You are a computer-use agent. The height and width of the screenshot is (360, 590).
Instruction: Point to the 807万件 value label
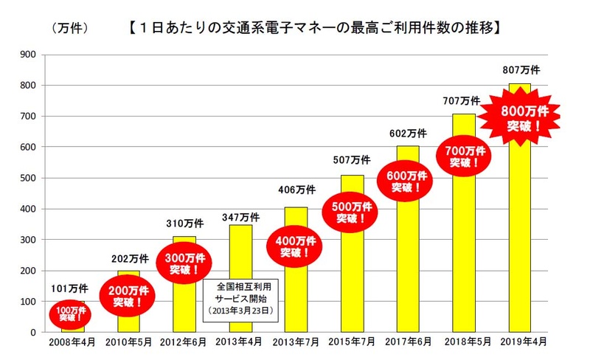pyautogui.click(x=521, y=71)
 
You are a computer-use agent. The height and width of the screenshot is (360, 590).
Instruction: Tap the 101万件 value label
pyautogui.click(x=71, y=288)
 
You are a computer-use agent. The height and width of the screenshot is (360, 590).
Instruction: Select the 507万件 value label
pyautogui.click(x=352, y=160)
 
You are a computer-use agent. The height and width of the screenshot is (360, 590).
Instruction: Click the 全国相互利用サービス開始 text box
pyautogui.click(x=241, y=298)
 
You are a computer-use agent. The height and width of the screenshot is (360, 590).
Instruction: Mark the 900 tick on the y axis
pyautogui.click(x=28, y=55)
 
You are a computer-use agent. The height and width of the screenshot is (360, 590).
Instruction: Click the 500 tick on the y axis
pyautogui.click(x=28, y=178)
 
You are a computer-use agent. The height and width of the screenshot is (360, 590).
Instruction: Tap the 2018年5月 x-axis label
pyautogui.click(x=465, y=343)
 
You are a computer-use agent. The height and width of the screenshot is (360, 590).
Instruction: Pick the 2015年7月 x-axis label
pyautogui.click(x=352, y=343)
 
